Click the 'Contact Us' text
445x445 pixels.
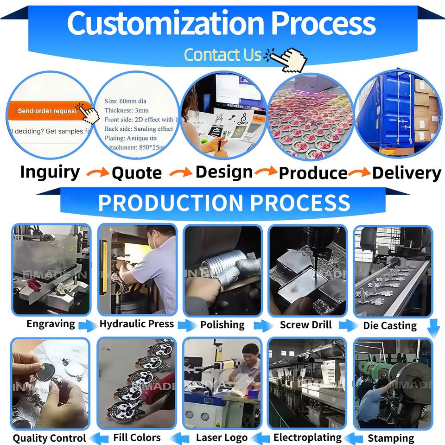[x=223, y=55]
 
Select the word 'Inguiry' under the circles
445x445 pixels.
[x=50, y=172]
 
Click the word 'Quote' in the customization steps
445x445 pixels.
[x=137, y=173]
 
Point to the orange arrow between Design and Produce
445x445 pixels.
[x=266, y=172]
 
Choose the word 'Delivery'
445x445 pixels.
[x=407, y=173]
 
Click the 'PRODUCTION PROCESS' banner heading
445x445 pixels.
[x=224, y=203]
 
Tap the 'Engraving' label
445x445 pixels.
[x=51, y=324]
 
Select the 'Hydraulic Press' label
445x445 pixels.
[x=137, y=324]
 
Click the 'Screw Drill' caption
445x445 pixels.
[x=306, y=324]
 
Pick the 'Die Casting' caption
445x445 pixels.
[x=389, y=325]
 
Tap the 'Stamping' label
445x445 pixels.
[x=391, y=438]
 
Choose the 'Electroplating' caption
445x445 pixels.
[x=307, y=437]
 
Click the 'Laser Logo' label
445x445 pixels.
[x=222, y=437]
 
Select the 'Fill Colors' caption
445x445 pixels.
[x=137, y=437]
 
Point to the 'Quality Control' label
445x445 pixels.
[x=49, y=438]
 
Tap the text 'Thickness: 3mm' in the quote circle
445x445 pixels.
[x=127, y=110]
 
